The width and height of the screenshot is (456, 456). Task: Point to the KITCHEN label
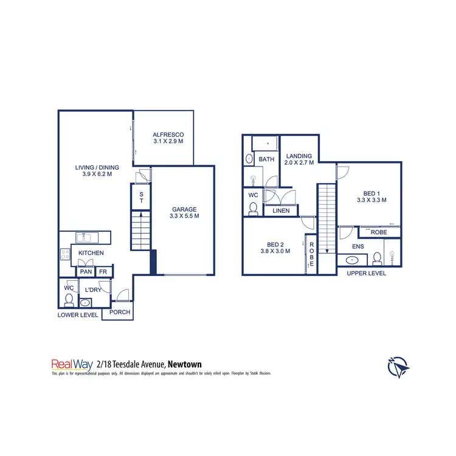(x=91, y=252)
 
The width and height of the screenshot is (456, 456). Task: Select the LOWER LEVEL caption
(x=78, y=315)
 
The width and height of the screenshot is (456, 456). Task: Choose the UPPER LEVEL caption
(x=366, y=274)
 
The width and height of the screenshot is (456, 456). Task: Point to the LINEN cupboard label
(x=281, y=211)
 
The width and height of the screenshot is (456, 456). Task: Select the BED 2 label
(x=275, y=246)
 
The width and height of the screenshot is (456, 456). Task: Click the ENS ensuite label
(x=358, y=247)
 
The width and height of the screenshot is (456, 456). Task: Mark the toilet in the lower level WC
(x=69, y=300)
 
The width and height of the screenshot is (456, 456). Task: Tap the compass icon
(x=398, y=367)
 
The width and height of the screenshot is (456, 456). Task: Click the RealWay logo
(x=71, y=364)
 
